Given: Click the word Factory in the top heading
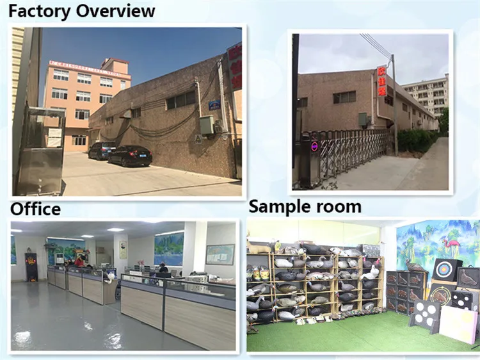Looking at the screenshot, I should tap(40, 11).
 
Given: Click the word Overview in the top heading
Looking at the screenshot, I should tap(116, 11).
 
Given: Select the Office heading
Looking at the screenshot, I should tap(35, 209).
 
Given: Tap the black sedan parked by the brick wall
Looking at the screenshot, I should tap(129, 155).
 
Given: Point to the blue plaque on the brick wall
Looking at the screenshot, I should tap(214, 104).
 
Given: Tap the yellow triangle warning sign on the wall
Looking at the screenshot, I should tap(198, 138).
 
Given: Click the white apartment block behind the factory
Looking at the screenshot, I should tap(426, 94).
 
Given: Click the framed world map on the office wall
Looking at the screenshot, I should tap(220, 254).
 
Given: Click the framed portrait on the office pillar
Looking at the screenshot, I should tap(123, 249).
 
